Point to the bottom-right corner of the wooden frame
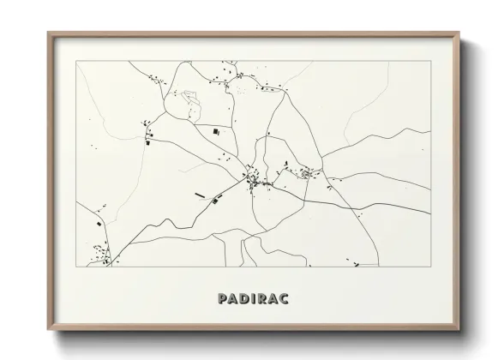click(459, 331)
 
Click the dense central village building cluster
click(254, 180)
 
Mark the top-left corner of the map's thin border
click(76, 61)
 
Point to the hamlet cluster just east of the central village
click(305, 175)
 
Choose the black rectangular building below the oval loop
click(214, 131)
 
